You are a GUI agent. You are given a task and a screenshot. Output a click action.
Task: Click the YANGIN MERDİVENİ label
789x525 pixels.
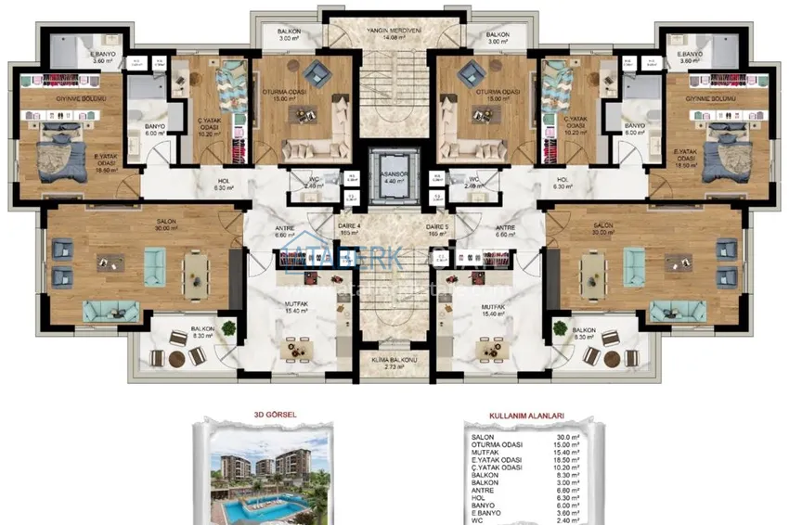point(394,31)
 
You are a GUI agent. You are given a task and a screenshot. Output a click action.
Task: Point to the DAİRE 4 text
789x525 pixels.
point(350,226)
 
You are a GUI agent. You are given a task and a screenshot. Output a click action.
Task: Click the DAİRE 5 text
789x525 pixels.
point(437,226)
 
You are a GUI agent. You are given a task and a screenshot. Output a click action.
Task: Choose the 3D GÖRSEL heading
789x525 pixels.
point(274,417)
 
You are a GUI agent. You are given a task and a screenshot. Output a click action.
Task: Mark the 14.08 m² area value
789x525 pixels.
point(394,39)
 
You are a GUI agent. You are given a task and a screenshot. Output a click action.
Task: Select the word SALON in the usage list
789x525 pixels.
point(483,437)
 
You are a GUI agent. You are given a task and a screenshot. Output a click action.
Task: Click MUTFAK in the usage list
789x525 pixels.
point(485,454)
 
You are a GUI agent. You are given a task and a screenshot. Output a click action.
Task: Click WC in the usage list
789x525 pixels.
point(477,520)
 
